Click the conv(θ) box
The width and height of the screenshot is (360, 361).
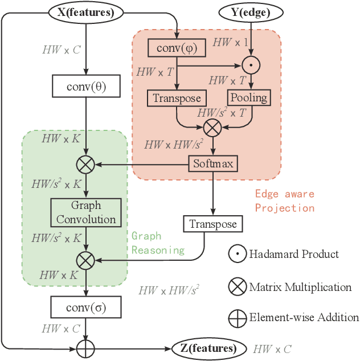pyautogui.click(x=85, y=88)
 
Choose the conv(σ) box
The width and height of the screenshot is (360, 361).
pyautogui.click(x=85, y=308)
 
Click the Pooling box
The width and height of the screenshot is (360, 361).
pyautogui.click(x=248, y=97)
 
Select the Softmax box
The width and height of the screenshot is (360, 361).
pyautogui.click(x=212, y=165)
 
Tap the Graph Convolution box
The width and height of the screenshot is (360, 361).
pyautogui.click(x=85, y=212)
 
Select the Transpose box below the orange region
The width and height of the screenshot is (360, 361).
pyautogui.click(x=212, y=223)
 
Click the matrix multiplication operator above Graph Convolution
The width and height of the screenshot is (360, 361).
pyautogui.click(x=85, y=165)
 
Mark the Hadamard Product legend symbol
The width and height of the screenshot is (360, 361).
pyautogui.click(x=238, y=254)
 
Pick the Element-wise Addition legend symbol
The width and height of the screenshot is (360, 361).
pyautogui.click(x=238, y=318)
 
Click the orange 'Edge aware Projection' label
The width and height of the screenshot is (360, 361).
pyautogui.click(x=284, y=201)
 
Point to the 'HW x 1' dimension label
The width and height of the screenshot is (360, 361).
pyautogui.click(x=230, y=42)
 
